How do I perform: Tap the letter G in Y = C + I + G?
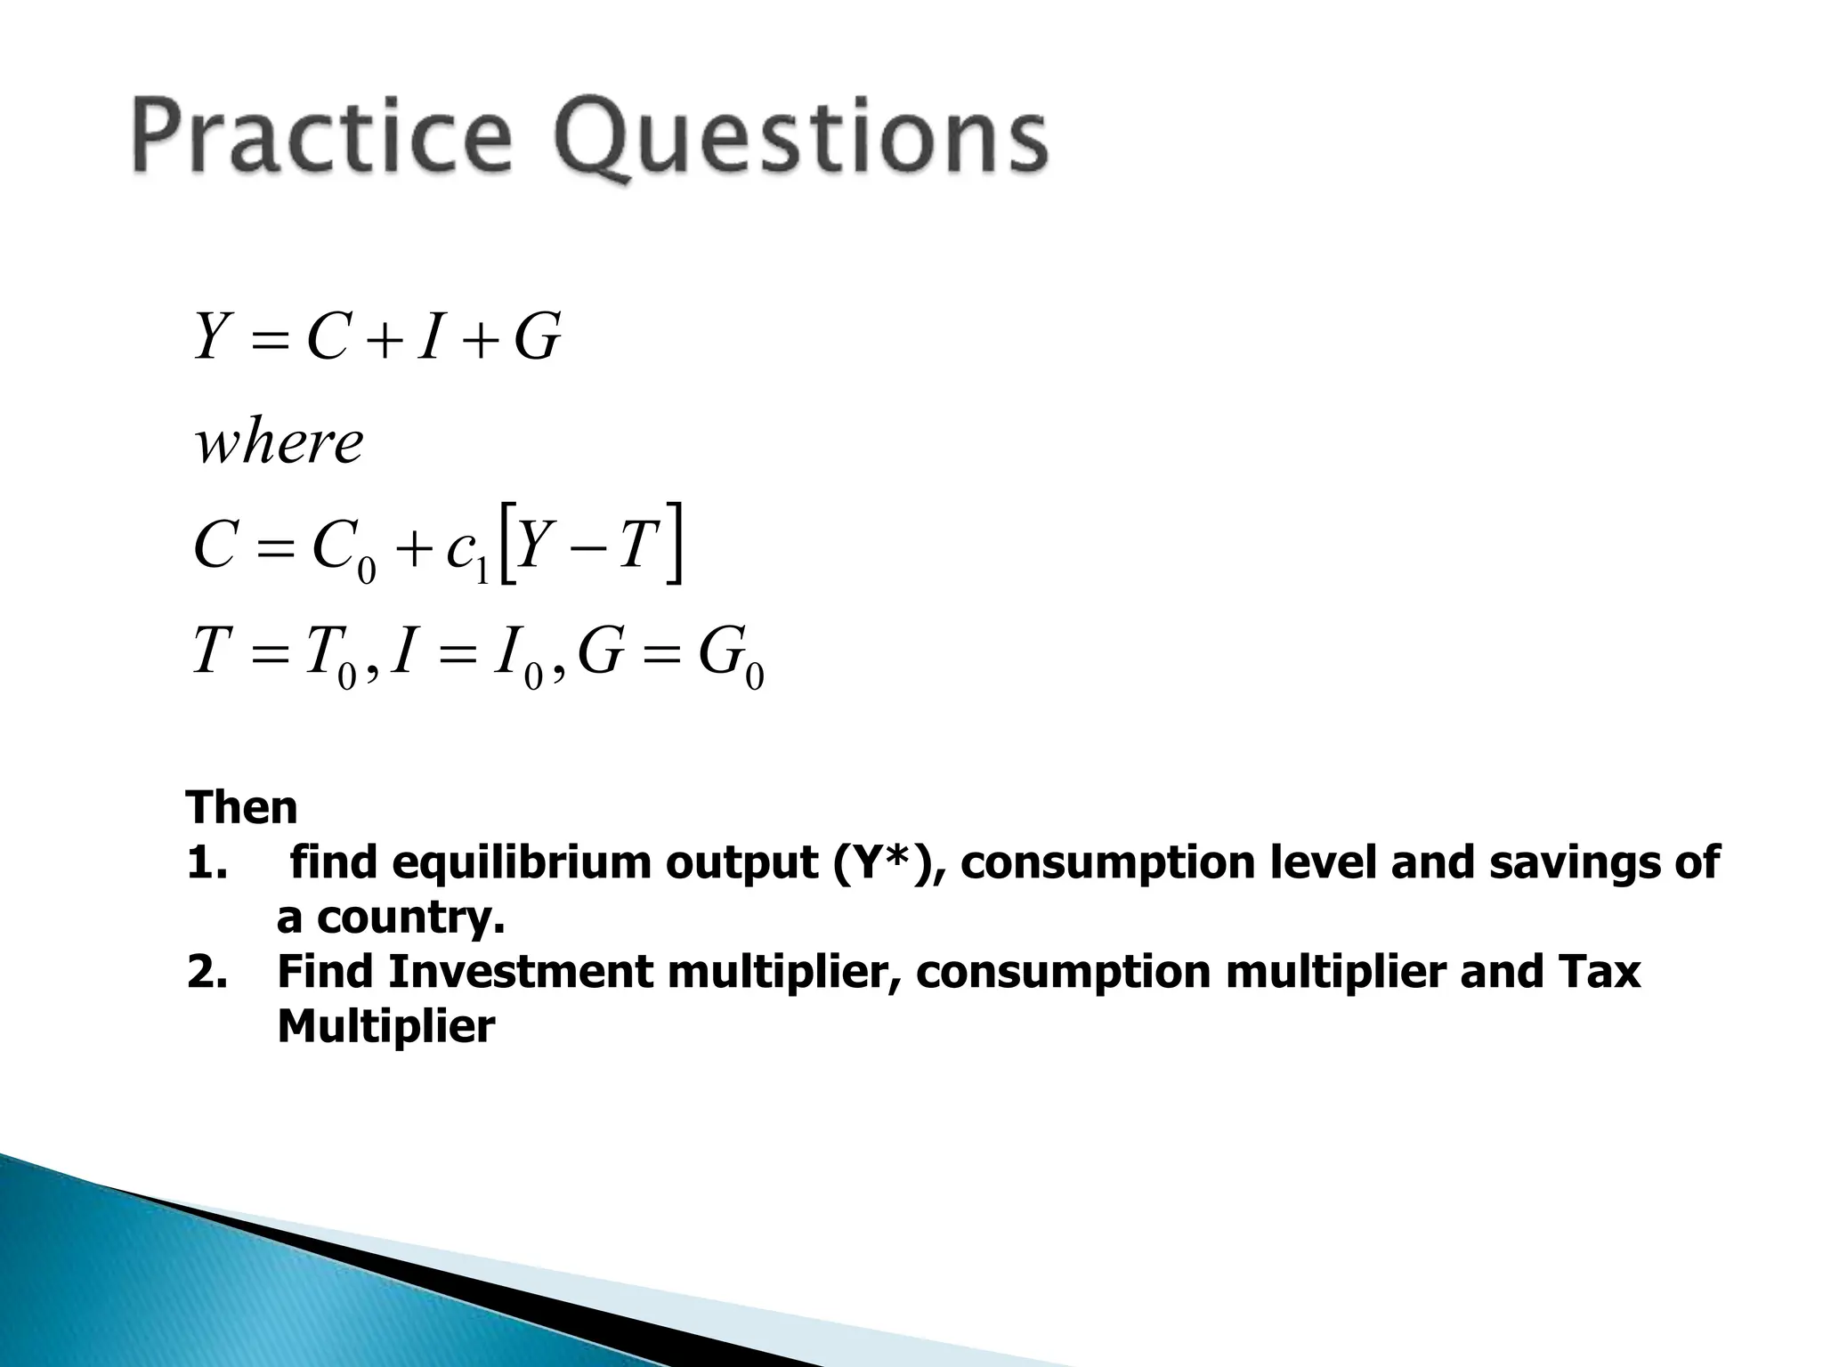pos(538,338)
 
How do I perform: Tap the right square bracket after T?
pos(675,544)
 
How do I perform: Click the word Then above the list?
pos(242,808)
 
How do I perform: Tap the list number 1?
pos(207,863)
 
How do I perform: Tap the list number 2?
pos(207,972)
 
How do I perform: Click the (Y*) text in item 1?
pos(885,863)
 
